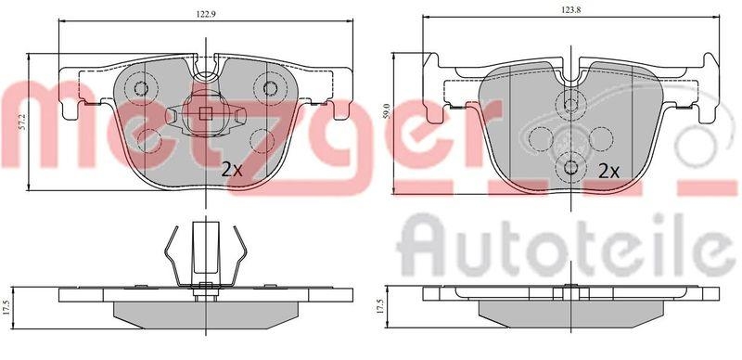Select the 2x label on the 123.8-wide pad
click(x=608, y=171)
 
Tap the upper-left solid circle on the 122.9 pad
click(x=141, y=89)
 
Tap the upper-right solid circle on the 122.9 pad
click(x=271, y=89)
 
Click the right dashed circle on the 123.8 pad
click(x=603, y=135)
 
